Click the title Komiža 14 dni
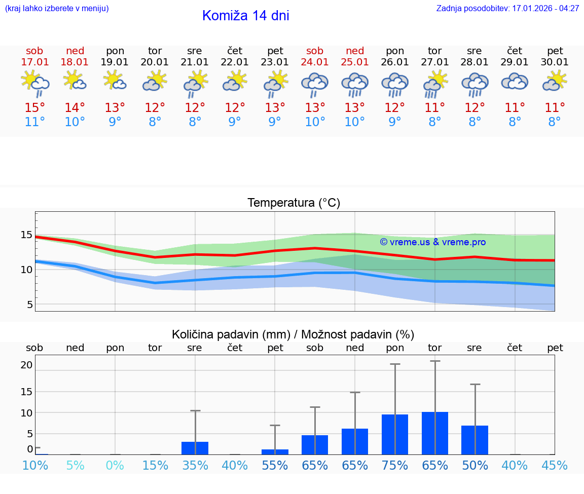point(245,16)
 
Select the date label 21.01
point(195,62)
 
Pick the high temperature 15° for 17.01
point(35,108)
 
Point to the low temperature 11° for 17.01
point(35,122)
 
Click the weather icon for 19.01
point(115,81)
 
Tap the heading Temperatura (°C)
point(294,203)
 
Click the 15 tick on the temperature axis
point(26,235)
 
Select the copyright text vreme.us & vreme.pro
point(432,242)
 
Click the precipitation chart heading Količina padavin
point(293,334)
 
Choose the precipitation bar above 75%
point(395,434)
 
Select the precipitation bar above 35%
point(195,448)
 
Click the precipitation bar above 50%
point(475,440)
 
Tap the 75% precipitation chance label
point(395,466)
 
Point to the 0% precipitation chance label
point(115,466)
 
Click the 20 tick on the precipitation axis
point(26,365)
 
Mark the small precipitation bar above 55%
point(275,451)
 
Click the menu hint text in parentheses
point(57,9)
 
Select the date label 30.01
point(555,62)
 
